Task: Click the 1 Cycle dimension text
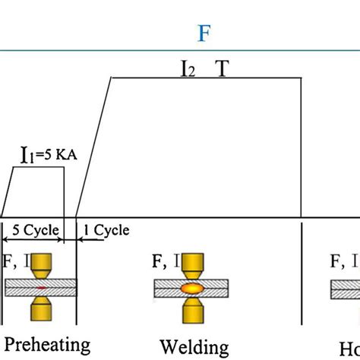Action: (106, 230)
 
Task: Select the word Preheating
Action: (47, 344)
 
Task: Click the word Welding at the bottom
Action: (194, 347)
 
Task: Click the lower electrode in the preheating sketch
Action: (41, 308)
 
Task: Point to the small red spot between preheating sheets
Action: (41, 289)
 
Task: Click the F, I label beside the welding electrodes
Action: (166, 263)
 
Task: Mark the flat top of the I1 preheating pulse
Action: (38, 168)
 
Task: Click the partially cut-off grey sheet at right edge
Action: (345, 289)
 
